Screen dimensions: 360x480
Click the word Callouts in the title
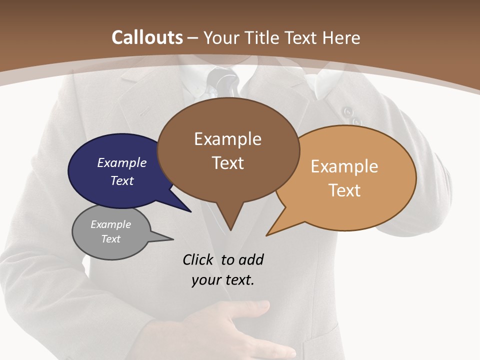point(147,37)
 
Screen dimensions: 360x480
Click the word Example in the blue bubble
point(122,162)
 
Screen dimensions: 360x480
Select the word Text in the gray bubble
point(111,239)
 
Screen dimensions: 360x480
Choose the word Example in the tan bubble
point(344,166)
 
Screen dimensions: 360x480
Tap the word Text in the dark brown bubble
point(228,162)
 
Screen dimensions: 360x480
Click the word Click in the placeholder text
point(198,259)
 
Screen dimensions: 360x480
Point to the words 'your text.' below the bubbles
point(223,280)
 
